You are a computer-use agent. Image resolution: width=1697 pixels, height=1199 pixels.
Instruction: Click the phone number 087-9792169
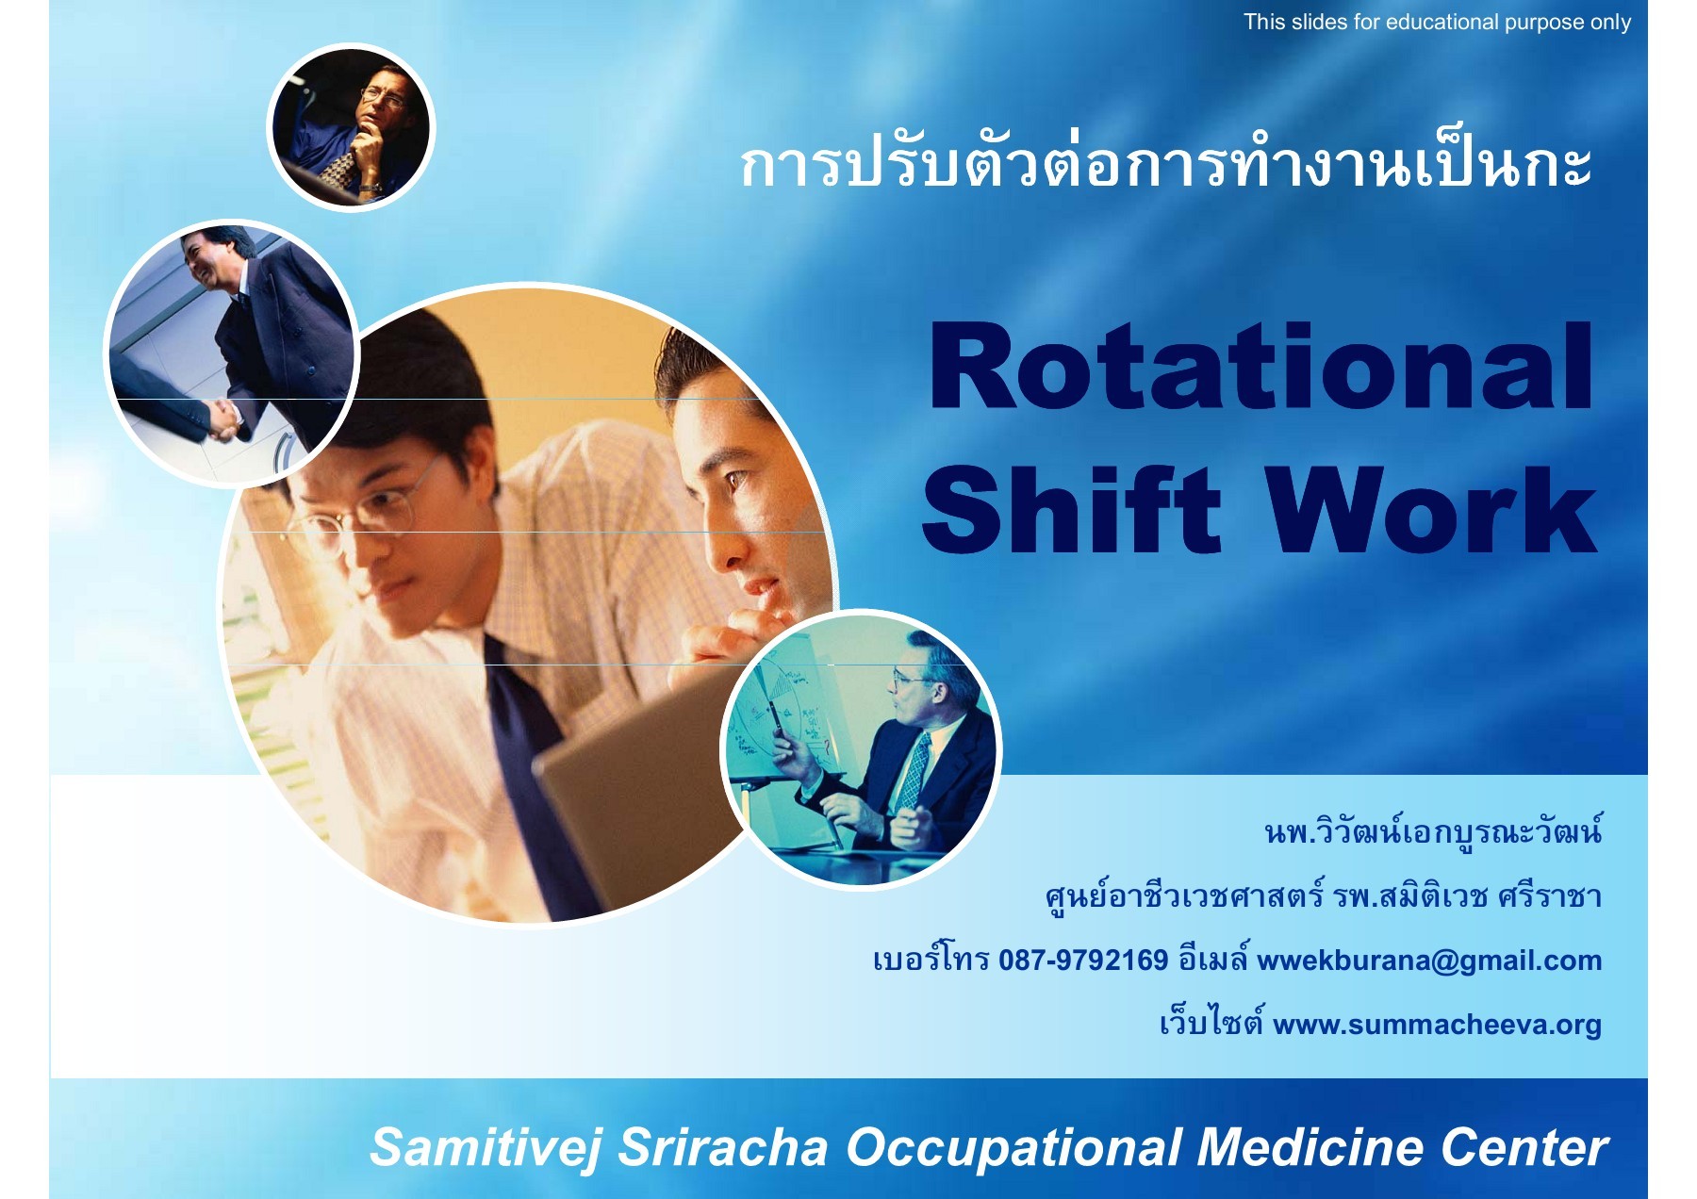coord(1083,961)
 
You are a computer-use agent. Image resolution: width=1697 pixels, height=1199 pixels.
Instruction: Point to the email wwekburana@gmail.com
coord(1429,961)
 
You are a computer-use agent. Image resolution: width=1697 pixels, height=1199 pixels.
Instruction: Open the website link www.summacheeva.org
coord(1437,1025)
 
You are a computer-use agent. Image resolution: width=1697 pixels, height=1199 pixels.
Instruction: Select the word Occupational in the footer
coord(1013,1148)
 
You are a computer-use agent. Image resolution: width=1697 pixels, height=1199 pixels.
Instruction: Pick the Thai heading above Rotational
coord(1166,166)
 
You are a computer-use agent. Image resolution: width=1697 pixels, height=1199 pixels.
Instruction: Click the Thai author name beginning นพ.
coord(1433,830)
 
